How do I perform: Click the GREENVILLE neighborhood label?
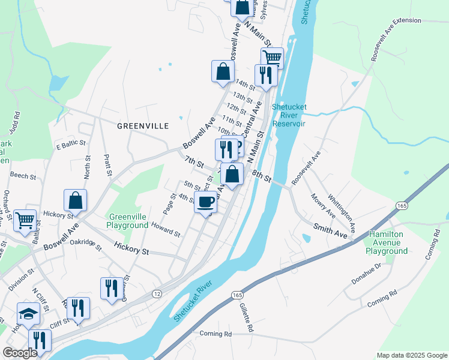(143, 126)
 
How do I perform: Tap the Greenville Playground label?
(127, 221)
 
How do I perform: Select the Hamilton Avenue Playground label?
(388, 242)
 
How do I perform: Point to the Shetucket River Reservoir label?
(289, 115)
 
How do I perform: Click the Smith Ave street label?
(331, 231)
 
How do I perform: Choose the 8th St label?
(262, 176)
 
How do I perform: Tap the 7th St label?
(194, 162)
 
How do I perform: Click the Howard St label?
(166, 229)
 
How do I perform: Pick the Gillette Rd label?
(247, 317)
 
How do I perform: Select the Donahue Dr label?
(370, 274)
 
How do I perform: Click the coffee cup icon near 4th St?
(206, 202)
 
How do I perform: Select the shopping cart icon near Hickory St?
(25, 221)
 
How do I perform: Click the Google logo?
(20, 353)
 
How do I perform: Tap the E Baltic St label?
(68, 146)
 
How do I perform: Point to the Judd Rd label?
(17, 124)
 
